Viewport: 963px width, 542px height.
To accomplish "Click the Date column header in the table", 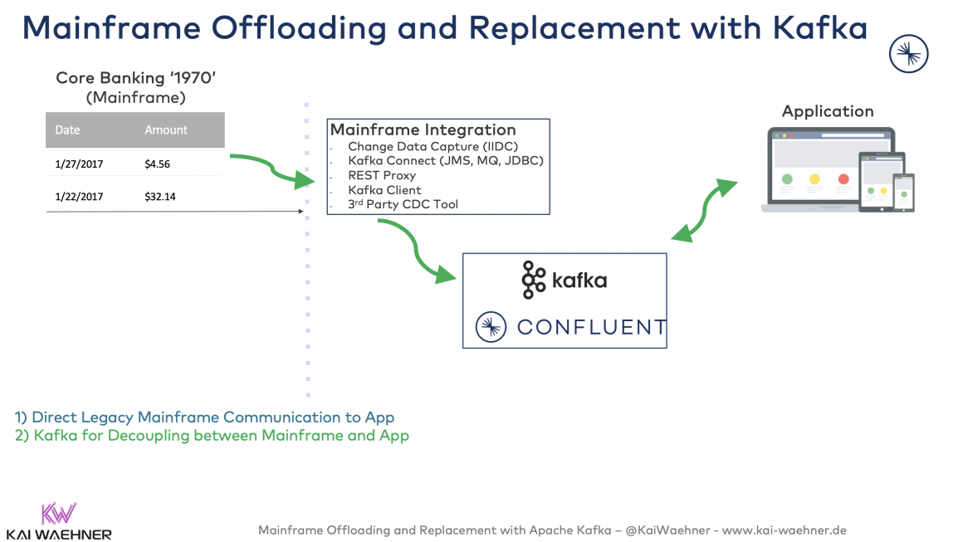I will coord(67,130).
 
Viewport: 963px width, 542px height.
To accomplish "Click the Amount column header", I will coord(166,130).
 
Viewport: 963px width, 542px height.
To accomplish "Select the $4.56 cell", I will coord(157,164).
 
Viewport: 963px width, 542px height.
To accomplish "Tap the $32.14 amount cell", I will coord(159,198).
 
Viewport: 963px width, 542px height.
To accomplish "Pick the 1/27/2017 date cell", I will coord(79,164).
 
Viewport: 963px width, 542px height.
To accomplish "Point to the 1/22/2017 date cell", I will coord(79,198).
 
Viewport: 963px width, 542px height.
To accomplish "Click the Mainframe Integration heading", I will coord(423,130).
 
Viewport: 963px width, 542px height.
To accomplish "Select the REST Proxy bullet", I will coord(382,175).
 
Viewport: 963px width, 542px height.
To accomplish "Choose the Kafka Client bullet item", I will coord(384,190).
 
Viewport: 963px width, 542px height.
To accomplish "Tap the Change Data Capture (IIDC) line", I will coord(433,147).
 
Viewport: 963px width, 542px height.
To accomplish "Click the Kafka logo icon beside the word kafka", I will coord(533,280).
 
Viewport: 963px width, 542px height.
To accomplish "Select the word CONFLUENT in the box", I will coord(590,327).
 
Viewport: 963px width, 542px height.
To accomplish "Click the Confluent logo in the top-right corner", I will coord(908,55).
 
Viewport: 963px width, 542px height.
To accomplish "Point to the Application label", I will coord(828,111).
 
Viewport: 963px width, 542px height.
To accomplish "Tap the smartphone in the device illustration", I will coord(903,193).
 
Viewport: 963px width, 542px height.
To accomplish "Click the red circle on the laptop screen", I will coord(843,179).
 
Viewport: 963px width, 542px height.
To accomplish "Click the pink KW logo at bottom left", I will coord(58,512).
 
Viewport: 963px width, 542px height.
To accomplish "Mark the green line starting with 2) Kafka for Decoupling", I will coord(212,435).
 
